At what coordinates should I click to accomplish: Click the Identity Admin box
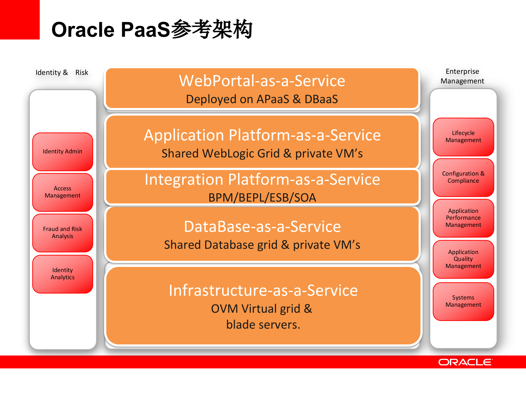click(x=62, y=152)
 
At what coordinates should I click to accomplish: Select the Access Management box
click(x=62, y=192)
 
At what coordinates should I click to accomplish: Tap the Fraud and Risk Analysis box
click(x=62, y=233)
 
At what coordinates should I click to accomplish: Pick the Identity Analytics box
click(x=62, y=274)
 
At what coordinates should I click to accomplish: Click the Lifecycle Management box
click(x=463, y=137)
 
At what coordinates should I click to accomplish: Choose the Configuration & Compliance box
click(x=463, y=177)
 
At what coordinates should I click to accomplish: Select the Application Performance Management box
click(x=463, y=218)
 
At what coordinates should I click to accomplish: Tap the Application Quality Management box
click(x=463, y=259)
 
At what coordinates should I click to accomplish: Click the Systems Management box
click(x=463, y=301)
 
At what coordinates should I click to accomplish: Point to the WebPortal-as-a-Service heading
click(x=262, y=81)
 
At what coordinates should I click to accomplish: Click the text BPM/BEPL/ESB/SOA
click(x=262, y=198)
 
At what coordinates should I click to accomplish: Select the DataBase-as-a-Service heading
click(x=262, y=227)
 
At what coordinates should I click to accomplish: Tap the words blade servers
click(x=263, y=325)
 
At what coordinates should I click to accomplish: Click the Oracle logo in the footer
click(x=465, y=362)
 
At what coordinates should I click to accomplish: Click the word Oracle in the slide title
click(x=83, y=30)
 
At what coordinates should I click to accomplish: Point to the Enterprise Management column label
click(x=462, y=76)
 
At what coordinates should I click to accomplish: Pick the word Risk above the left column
click(x=82, y=72)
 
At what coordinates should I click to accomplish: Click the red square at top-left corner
click(x=20, y=20)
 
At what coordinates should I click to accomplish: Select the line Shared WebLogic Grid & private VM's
click(x=262, y=154)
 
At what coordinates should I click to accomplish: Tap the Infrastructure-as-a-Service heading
click(x=263, y=290)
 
